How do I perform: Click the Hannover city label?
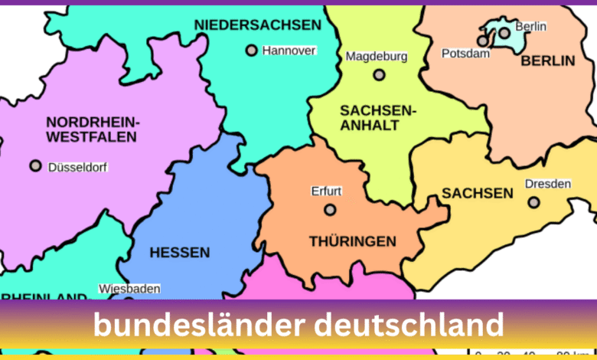tap(289, 51)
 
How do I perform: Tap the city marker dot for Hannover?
tap(251, 51)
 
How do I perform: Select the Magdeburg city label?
tap(377, 56)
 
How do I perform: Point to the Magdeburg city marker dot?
tap(379, 75)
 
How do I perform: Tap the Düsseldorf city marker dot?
tap(35, 165)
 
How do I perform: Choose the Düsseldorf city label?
tap(78, 166)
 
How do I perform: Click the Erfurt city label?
tap(326, 191)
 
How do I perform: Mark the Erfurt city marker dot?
tap(330, 209)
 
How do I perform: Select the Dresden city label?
tap(548, 184)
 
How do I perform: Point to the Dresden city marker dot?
tap(533, 202)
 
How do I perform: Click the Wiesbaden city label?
tap(129, 289)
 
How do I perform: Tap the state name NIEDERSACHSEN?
tap(258, 25)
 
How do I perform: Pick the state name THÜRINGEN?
tap(353, 241)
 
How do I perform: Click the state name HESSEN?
tap(180, 252)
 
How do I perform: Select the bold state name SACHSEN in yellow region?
tap(478, 193)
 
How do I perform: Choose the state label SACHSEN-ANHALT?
tap(378, 118)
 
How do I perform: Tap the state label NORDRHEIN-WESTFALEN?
tap(91, 129)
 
